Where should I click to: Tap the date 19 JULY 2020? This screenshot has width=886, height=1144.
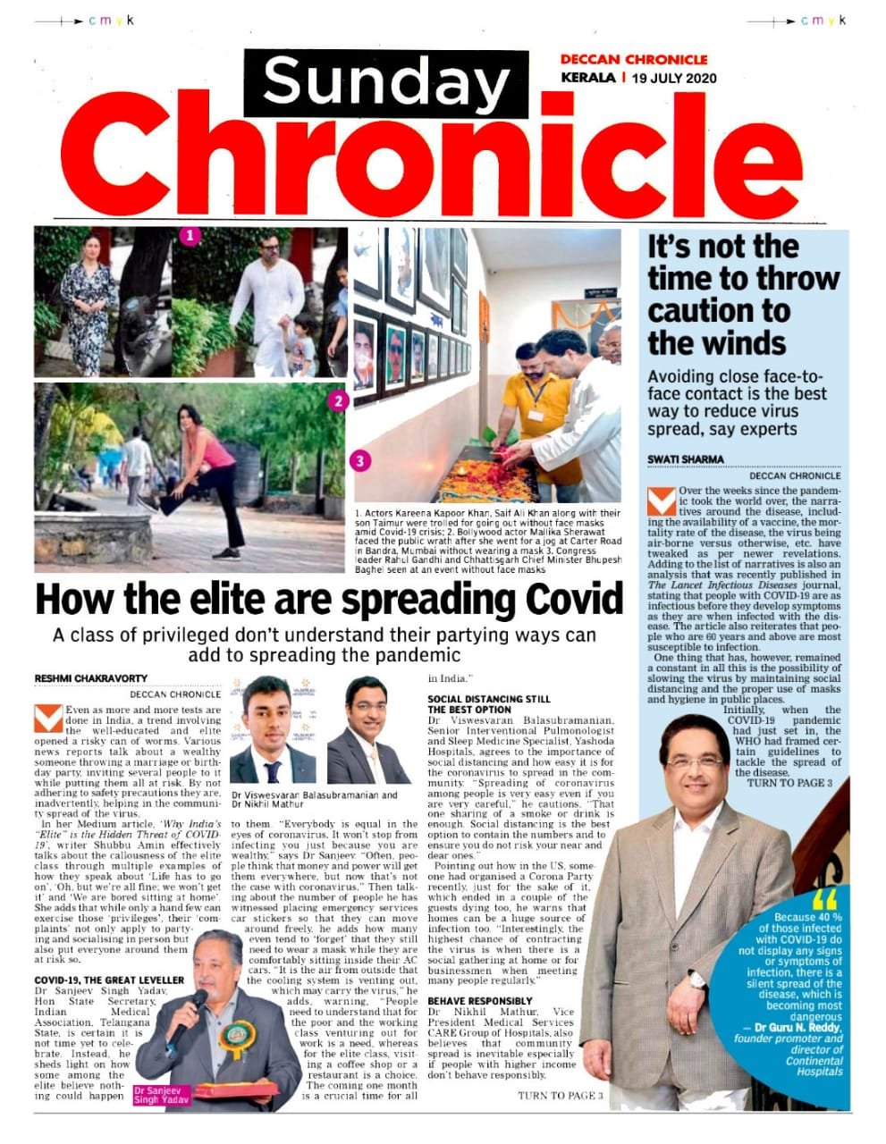(x=673, y=78)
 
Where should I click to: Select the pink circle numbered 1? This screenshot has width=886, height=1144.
(x=190, y=237)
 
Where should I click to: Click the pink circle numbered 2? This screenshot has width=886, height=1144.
(x=338, y=401)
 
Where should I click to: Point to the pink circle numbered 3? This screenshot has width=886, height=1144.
(x=359, y=461)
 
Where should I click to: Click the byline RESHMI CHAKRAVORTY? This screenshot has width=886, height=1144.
(x=90, y=678)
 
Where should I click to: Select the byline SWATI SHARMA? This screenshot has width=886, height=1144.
(x=686, y=459)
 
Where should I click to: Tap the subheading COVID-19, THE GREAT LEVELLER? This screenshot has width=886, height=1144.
(x=97, y=980)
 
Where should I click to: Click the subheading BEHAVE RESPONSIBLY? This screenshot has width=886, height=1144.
(x=480, y=1000)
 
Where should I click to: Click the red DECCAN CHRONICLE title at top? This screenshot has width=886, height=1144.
(x=633, y=59)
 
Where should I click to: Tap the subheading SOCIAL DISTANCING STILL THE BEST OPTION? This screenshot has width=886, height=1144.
(x=489, y=703)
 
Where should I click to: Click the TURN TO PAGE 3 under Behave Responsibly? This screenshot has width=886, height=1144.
(x=560, y=1096)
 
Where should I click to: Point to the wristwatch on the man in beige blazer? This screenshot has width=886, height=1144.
(x=697, y=979)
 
